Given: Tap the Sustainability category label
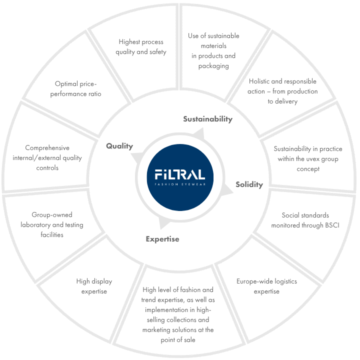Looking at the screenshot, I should [x=207, y=119].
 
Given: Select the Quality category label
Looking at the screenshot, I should [x=119, y=146].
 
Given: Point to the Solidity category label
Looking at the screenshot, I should [x=249, y=184].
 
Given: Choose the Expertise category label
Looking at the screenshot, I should [x=162, y=239].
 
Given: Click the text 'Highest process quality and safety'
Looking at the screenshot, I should [x=141, y=46].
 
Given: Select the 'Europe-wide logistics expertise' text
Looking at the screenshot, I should [x=266, y=286].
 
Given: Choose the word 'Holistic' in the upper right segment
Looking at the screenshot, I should [x=261, y=81].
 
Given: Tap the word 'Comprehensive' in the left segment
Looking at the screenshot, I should [x=47, y=148].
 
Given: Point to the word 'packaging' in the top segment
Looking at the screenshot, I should [x=213, y=66].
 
